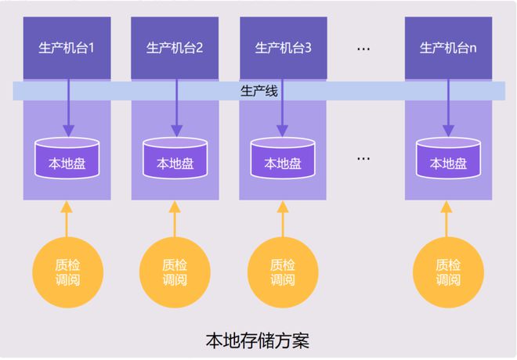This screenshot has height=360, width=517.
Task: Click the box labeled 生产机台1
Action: pos(67,48)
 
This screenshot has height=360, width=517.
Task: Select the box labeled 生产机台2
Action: pos(174,48)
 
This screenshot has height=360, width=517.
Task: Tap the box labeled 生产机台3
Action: pos(282,48)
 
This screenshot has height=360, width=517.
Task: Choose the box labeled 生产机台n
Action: pos(447,48)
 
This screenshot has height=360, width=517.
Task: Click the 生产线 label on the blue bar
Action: pos(258,92)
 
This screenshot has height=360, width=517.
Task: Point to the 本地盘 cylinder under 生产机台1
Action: pos(67,159)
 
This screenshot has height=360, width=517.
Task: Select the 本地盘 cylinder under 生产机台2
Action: pos(174,159)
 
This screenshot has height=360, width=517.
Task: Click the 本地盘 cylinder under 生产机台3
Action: pos(282,159)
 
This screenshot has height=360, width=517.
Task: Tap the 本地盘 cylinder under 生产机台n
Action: pos(447,159)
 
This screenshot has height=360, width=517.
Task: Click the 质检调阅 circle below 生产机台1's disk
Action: pos(67,272)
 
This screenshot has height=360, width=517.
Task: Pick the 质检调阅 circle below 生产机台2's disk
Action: pos(174,272)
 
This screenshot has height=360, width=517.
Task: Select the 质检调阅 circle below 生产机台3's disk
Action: pos(282,272)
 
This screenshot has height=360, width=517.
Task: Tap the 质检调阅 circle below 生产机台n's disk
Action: pos(447,272)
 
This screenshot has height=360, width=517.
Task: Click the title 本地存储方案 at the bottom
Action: pos(258,341)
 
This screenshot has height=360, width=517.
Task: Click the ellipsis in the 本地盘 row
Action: pos(363,158)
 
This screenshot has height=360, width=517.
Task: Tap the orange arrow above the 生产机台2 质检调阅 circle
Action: pos(174,219)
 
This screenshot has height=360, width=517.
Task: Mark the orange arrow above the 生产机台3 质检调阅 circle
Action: pos(282,219)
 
